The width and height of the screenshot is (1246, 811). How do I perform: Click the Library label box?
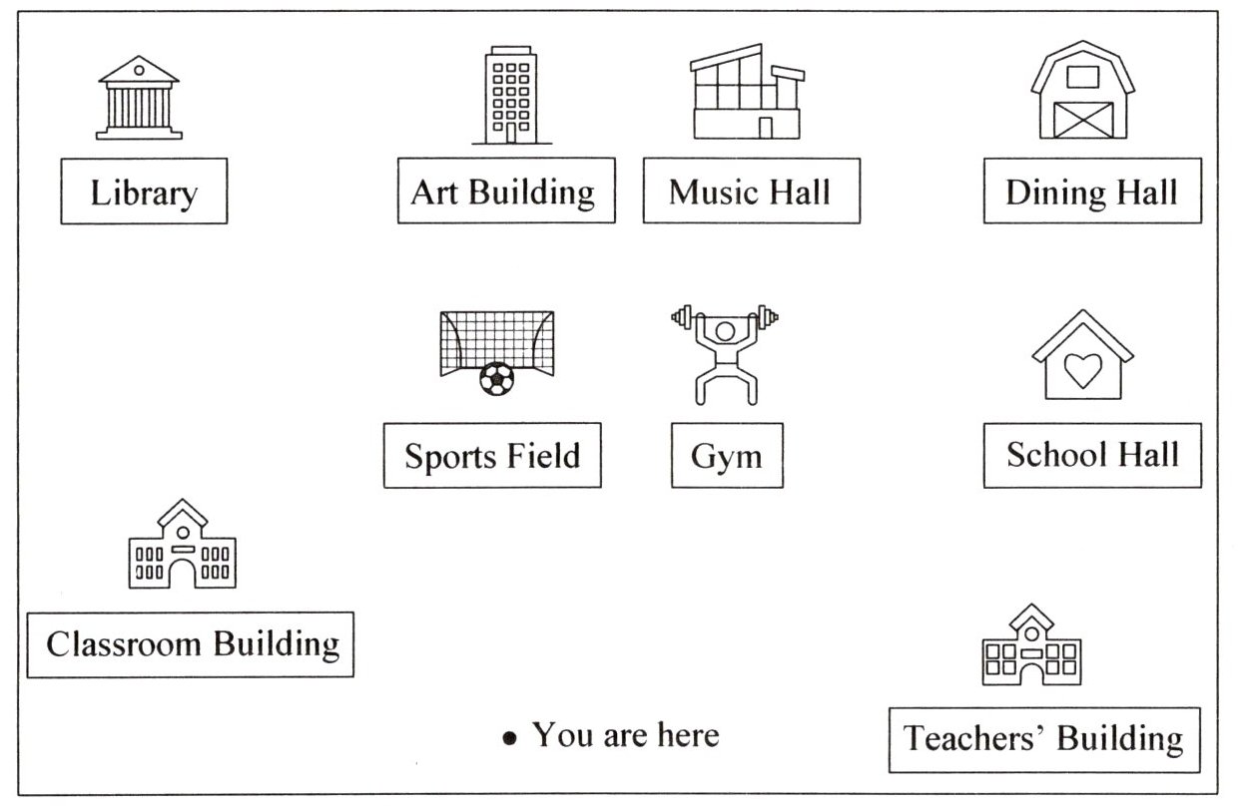(144, 191)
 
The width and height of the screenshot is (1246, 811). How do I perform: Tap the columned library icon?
(139, 97)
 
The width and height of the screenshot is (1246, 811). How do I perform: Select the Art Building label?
(505, 191)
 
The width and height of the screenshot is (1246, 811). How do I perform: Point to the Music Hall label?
(751, 191)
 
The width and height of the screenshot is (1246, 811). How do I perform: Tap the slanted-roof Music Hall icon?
(747, 92)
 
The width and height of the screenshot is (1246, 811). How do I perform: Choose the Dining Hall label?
(1091, 191)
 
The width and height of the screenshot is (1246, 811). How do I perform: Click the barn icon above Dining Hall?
(1082, 91)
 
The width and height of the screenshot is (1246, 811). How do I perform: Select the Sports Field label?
(492, 456)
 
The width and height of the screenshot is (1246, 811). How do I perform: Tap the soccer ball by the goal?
(496, 378)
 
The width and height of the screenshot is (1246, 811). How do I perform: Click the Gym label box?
(727, 456)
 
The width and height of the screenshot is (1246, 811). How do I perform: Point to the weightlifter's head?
(726, 329)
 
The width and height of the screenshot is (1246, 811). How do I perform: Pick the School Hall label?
(1092, 455)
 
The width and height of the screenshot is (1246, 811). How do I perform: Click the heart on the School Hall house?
(1081, 370)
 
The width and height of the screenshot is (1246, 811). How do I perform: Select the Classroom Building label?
(191, 644)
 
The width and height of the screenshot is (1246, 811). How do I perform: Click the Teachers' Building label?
(1043, 739)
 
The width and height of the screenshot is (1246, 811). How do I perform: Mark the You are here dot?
(510, 738)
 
